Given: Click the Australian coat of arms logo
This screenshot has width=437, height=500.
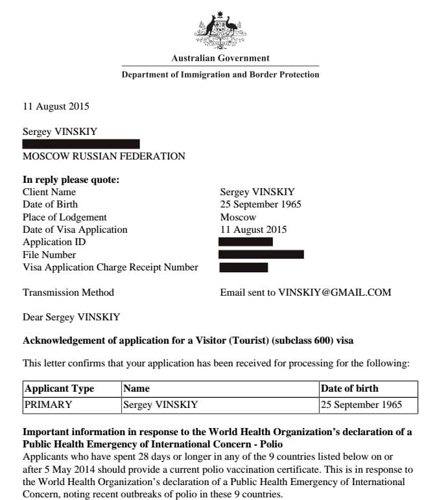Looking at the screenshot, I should tap(220, 29).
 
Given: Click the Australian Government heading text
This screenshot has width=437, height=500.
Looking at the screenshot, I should tap(220, 58).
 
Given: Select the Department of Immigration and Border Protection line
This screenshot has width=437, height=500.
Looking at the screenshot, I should tap(220, 75).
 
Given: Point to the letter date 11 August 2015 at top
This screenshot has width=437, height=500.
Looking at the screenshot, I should tap(56, 106).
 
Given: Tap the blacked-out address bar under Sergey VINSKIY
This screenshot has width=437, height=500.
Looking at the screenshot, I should tap(81, 144).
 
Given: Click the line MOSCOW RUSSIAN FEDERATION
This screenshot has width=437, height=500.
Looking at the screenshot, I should tap(104, 156).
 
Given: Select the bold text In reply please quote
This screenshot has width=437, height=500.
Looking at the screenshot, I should tap(71, 180).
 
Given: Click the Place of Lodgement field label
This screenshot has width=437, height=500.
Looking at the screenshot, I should tap(65, 217).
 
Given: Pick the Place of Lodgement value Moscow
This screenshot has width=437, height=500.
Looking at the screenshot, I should tap(238, 217).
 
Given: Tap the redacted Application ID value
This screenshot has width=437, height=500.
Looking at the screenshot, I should tap(246, 242).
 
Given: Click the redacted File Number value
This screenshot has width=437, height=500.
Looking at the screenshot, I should tap(261, 254).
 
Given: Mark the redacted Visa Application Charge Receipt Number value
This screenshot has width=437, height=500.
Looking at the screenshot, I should tap(244, 267).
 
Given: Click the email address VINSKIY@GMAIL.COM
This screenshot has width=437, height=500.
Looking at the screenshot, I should tap(335, 292).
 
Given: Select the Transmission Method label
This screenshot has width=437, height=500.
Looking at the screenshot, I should tap(68, 292).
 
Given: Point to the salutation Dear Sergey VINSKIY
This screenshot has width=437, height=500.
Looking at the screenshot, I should tap(71, 317).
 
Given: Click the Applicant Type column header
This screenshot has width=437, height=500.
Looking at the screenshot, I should tap(59, 388).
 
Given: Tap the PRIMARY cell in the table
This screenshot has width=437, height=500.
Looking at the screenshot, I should tap(49, 405).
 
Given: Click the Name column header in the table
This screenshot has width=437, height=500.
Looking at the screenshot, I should tap(137, 388).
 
